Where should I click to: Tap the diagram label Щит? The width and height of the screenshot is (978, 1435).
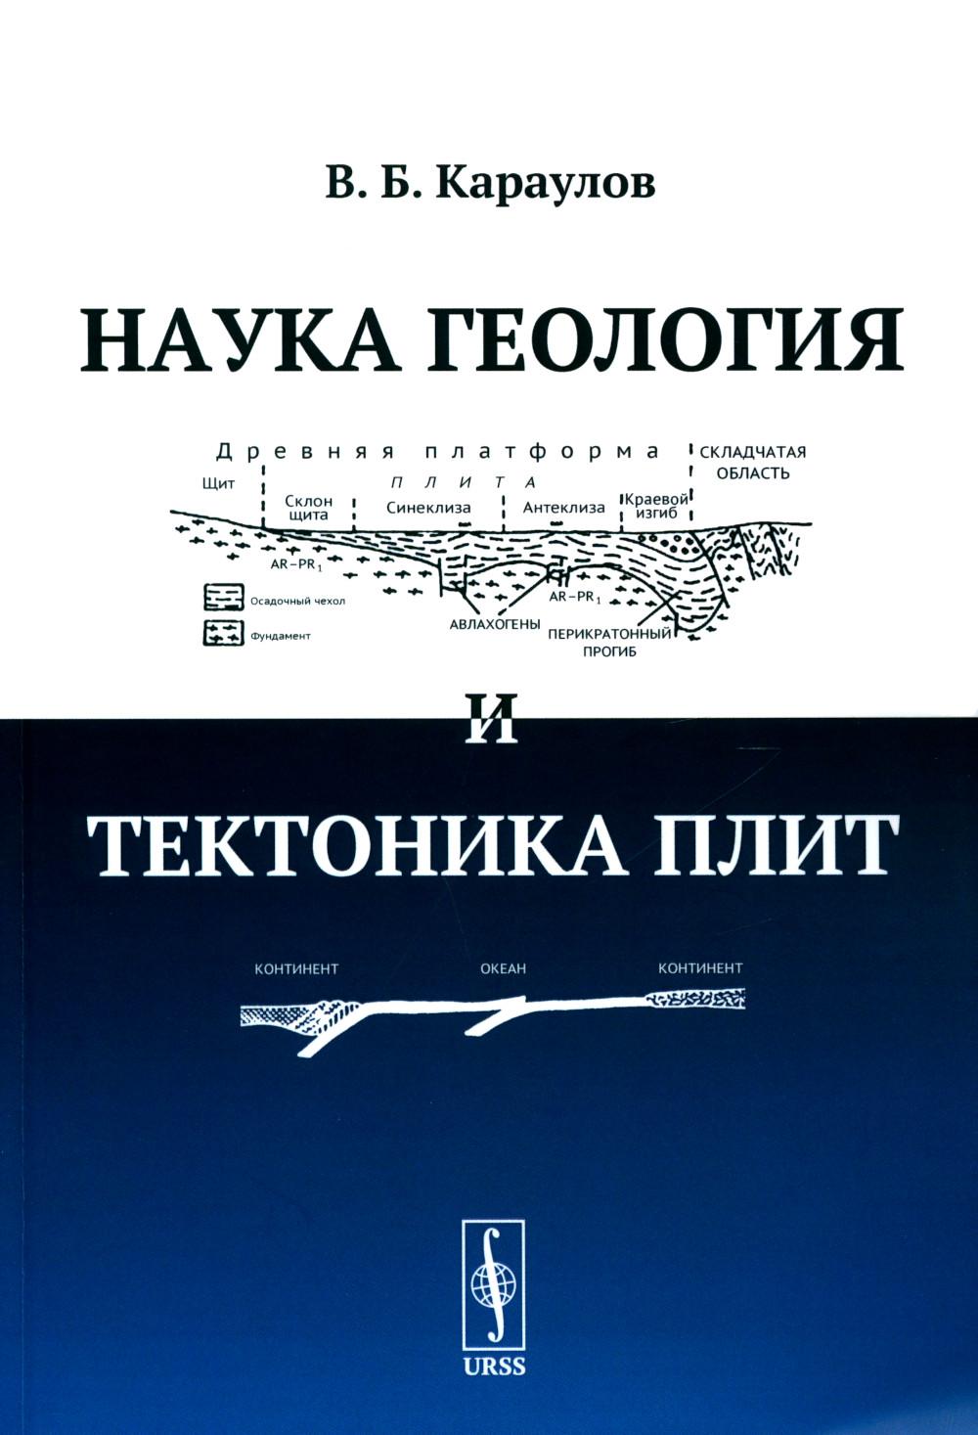218,484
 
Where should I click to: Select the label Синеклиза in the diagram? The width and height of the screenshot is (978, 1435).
428,508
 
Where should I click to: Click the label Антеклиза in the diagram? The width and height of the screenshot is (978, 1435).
563,508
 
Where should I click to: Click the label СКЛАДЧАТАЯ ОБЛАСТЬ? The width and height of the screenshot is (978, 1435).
752,462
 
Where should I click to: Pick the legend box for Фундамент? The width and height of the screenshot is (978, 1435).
223,633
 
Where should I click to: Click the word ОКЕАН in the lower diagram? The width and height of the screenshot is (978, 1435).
504,968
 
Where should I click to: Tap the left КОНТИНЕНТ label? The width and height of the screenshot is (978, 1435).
296,968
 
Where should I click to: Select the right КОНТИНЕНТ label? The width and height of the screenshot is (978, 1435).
700,968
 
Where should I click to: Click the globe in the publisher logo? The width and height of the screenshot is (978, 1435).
492,1278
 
